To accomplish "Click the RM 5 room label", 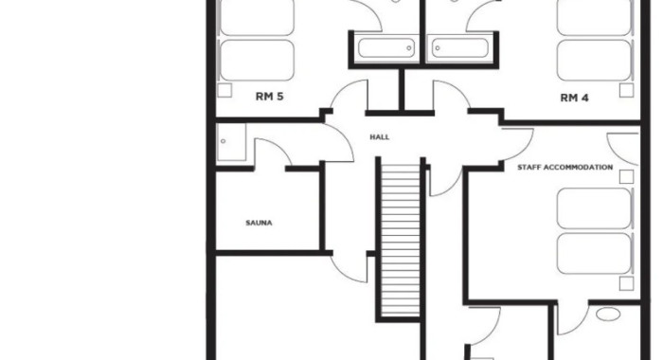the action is click(x=269, y=97).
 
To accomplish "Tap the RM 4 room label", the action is click(x=574, y=99).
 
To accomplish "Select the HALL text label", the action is click(x=380, y=137).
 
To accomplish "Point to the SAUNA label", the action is click(x=259, y=223).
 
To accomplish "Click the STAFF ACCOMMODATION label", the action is click(x=564, y=168).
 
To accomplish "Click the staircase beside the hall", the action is click(x=400, y=240).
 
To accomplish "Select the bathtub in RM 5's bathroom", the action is click(x=386, y=47).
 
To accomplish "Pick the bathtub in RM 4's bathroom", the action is click(x=460, y=47).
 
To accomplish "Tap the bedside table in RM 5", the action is click(x=224, y=91).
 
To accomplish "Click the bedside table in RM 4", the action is click(x=627, y=91).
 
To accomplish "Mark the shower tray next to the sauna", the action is click(x=231, y=142).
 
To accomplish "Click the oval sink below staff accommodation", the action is click(x=608, y=315).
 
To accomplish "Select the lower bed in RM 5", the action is click(x=257, y=60).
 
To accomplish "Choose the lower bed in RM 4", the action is click(x=594, y=60).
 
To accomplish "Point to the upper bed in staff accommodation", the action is click(x=594, y=208).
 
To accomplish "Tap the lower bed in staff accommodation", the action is click(x=594, y=254).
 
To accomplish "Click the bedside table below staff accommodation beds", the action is click(x=627, y=283).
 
